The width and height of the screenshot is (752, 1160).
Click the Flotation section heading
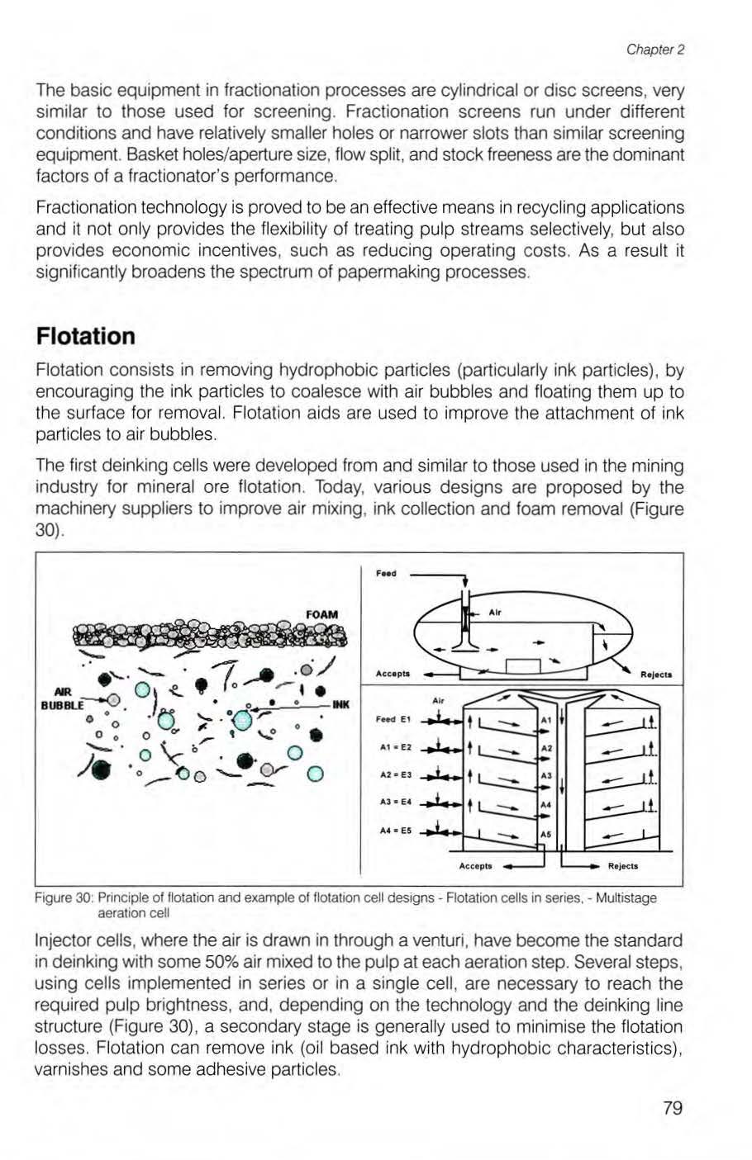coord(85,336)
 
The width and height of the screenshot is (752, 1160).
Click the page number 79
coord(673,1108)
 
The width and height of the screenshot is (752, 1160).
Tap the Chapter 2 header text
coord(656,50)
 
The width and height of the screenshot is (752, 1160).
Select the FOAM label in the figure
coord(322,614)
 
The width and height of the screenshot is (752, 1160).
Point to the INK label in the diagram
coord(342,704)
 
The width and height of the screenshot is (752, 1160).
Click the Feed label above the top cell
coord(387,573)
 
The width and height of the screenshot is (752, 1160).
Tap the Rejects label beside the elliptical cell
coord(656,674)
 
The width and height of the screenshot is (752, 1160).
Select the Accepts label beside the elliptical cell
coord(393,674)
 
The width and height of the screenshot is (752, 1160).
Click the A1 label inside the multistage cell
coord(545,721)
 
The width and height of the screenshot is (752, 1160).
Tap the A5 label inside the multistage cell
coord(545,835)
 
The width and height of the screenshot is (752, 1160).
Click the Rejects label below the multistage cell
coord(622,866)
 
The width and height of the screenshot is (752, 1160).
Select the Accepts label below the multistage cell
coord(476,866)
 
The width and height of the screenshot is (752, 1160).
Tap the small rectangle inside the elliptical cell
coord(522,666)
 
